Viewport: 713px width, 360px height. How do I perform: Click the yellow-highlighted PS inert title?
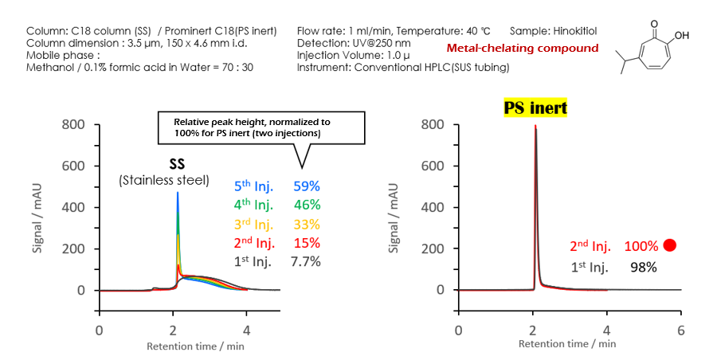535,108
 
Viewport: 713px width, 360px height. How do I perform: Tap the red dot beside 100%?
669,245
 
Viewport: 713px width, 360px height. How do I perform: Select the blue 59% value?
306,186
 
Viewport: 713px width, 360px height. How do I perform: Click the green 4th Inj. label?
253,205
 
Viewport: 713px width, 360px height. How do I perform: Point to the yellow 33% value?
306,224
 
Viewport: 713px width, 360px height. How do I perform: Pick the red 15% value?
306,243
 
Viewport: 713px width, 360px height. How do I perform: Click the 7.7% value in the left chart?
306,261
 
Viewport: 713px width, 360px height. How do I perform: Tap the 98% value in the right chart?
643,267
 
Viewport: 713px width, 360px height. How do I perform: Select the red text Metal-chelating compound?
522,48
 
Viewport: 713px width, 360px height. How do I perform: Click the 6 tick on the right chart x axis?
680,329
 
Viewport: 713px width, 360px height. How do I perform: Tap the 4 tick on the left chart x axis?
246,329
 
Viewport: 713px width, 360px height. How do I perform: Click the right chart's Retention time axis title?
566,344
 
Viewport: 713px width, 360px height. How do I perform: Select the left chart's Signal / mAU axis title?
37,207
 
